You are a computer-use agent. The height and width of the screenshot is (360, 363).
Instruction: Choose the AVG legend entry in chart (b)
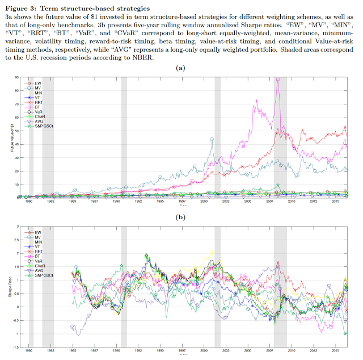point(38,270)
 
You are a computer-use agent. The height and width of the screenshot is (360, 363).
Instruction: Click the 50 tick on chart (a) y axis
point(16,130)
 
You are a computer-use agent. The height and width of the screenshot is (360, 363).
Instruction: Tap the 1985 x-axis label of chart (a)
point(73,202)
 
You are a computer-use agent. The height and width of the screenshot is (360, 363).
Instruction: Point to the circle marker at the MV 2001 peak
point(212,139)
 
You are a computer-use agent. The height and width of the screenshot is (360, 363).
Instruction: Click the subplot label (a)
point(181,68)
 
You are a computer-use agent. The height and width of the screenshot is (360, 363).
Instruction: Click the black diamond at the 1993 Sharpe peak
point(146,256)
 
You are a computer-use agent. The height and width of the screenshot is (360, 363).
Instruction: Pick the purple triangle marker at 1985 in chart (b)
point(72,326)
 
